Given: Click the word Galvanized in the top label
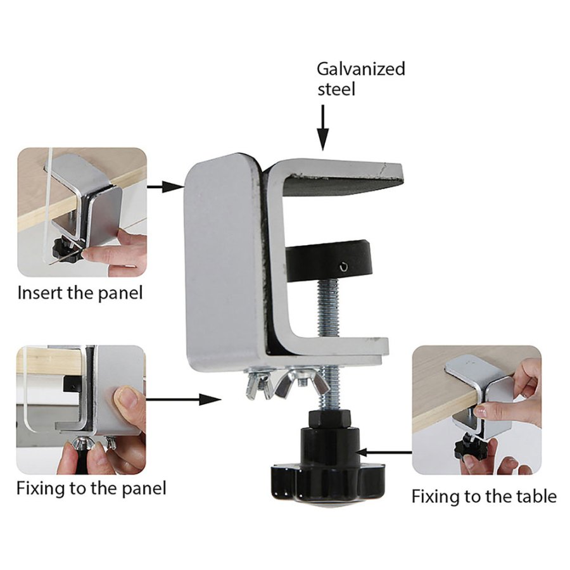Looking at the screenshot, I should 360,69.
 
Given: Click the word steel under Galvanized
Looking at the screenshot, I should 336,89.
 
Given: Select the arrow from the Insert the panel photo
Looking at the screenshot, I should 163,187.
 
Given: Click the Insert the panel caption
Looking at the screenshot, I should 80,293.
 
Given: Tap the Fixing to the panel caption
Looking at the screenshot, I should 91,488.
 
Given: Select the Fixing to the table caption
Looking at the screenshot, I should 484,496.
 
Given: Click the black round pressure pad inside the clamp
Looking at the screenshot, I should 327,260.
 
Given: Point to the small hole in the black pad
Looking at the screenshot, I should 343,267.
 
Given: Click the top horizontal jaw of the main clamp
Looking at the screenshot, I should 342,174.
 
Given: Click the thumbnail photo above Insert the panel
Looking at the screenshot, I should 82,212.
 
